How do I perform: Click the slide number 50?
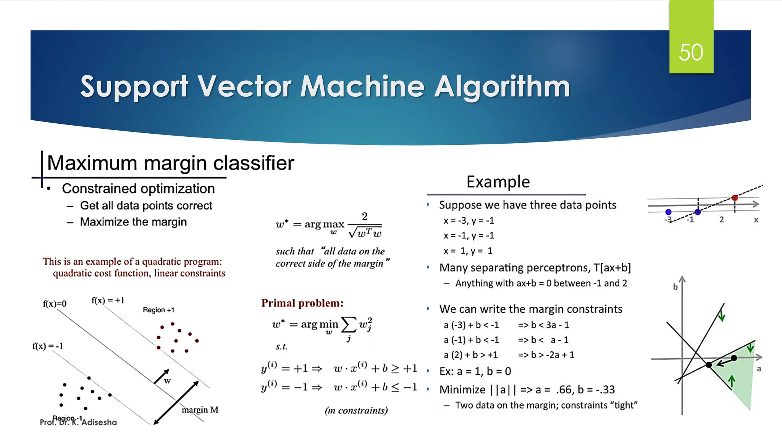[x=691, y=52]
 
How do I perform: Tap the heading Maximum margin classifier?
[x=170, y=163]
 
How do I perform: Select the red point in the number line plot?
[x=735, y=198]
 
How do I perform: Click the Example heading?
[x=498, y=182]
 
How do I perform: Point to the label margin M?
[x=200, y=410]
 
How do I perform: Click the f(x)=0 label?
[x=55, y=304]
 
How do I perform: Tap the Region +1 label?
[x=158, y=310]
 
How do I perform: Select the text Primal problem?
[x=302, y=303]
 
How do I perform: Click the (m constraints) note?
[x=356, y=411]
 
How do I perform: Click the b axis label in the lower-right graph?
[x=675, y=287]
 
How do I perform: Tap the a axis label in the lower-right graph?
[x=759, y=369]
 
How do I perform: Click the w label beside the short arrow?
[x=167, y=381]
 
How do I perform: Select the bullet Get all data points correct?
[x=146, y=206]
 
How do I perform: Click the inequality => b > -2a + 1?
[x=546, y=355]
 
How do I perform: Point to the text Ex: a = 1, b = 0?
[x=475, y=371]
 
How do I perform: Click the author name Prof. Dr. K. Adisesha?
[x=78, y=422]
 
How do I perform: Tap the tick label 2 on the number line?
[x=721, y=220]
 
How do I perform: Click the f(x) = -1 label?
[x=48, y=346]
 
